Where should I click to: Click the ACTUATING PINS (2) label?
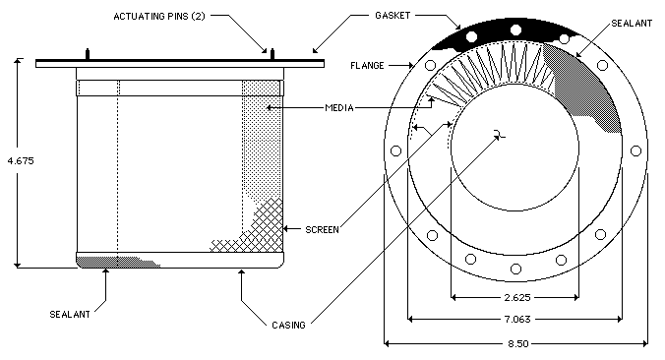click(159, 17)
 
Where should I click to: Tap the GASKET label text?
click(393, 16)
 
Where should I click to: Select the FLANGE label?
click(367, 65)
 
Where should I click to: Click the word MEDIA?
click(339, 107)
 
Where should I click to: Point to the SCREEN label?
click(322, 230)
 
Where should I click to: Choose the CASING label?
click(288, 326)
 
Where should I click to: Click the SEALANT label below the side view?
click(70, 314)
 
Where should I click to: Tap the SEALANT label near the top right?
click(632, 24)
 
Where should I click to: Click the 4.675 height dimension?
click(21, 160)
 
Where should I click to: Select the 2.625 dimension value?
click(517, 297)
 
